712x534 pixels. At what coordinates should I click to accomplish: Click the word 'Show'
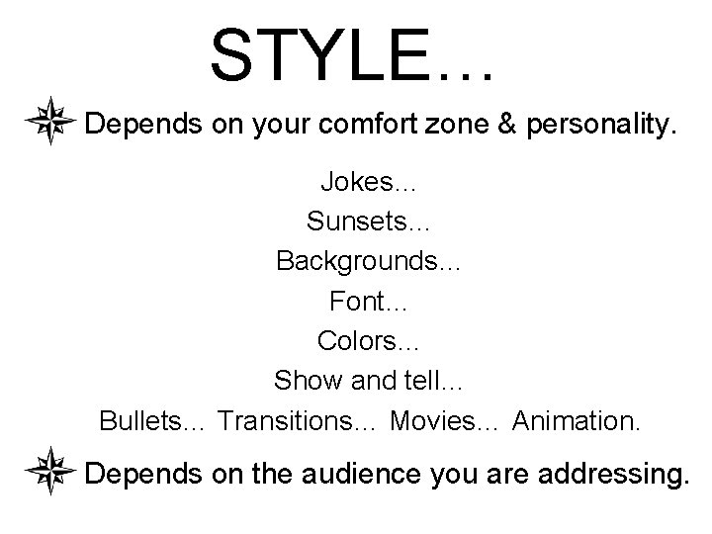(x=302, y=380)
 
